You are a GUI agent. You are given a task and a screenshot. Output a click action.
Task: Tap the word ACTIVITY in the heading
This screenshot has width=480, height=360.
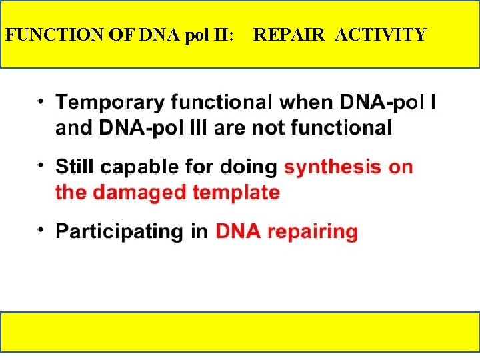[x=381, y=35]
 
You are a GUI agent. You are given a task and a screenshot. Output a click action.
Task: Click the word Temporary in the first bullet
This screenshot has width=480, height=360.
[x=110, y=103]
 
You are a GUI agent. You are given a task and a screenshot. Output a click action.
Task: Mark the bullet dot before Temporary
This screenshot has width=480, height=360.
[x=41, y=100]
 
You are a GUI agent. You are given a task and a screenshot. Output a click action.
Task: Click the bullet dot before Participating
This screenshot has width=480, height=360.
[x=41, y=229]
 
